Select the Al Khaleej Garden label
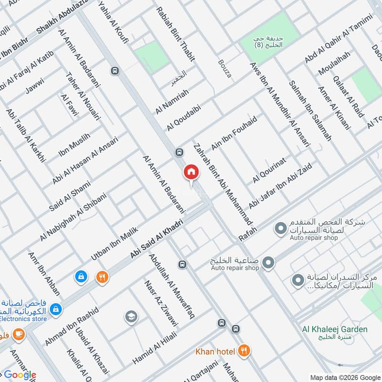point(334,329)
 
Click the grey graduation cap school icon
point(130,316)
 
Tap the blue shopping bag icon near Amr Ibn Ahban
point(81,276)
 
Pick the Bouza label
point(224,68)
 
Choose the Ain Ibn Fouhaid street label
point(234,133)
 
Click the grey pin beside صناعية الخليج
point(268,262)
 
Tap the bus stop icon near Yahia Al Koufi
point(114,71)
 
